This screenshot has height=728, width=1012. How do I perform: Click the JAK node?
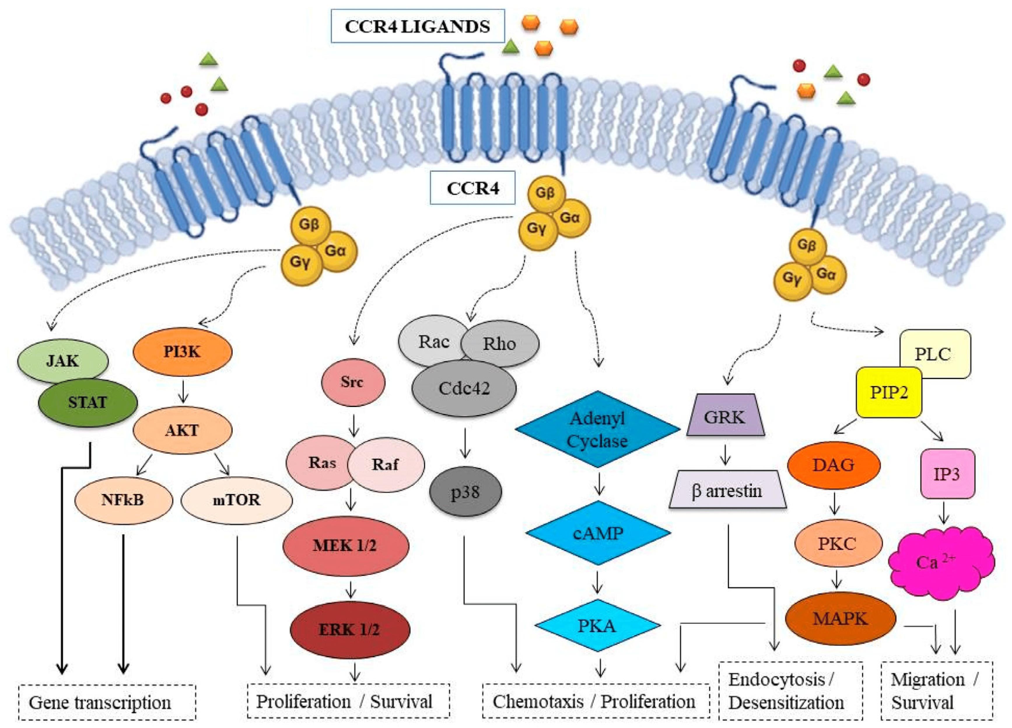pyautogui.click(x=62, y=360)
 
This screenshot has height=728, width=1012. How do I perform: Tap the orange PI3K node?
pyautogui.click(x=183, y=352)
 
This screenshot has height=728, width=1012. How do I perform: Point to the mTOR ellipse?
pyautogui.click(x=237, y=500)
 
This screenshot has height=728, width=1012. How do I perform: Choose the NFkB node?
pyautogui.click(x=123, y=500)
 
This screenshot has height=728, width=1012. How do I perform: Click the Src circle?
pyautogui.click(x=353, y=382)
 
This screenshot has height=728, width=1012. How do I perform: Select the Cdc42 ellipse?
pyautogui.click(x=464, y=388)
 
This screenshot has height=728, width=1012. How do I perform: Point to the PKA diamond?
pyautogui.click(x=597, y=625)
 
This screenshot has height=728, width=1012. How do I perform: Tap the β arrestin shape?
pyautogui.click(x=727, y=490)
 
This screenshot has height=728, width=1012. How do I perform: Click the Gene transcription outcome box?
pyautogui.click(x=107, y=702)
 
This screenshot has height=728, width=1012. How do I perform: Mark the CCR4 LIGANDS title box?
pyautogui.click(x=418, y=26)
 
